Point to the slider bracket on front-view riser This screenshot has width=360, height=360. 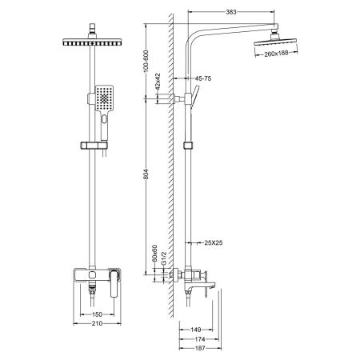[95, 146]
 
